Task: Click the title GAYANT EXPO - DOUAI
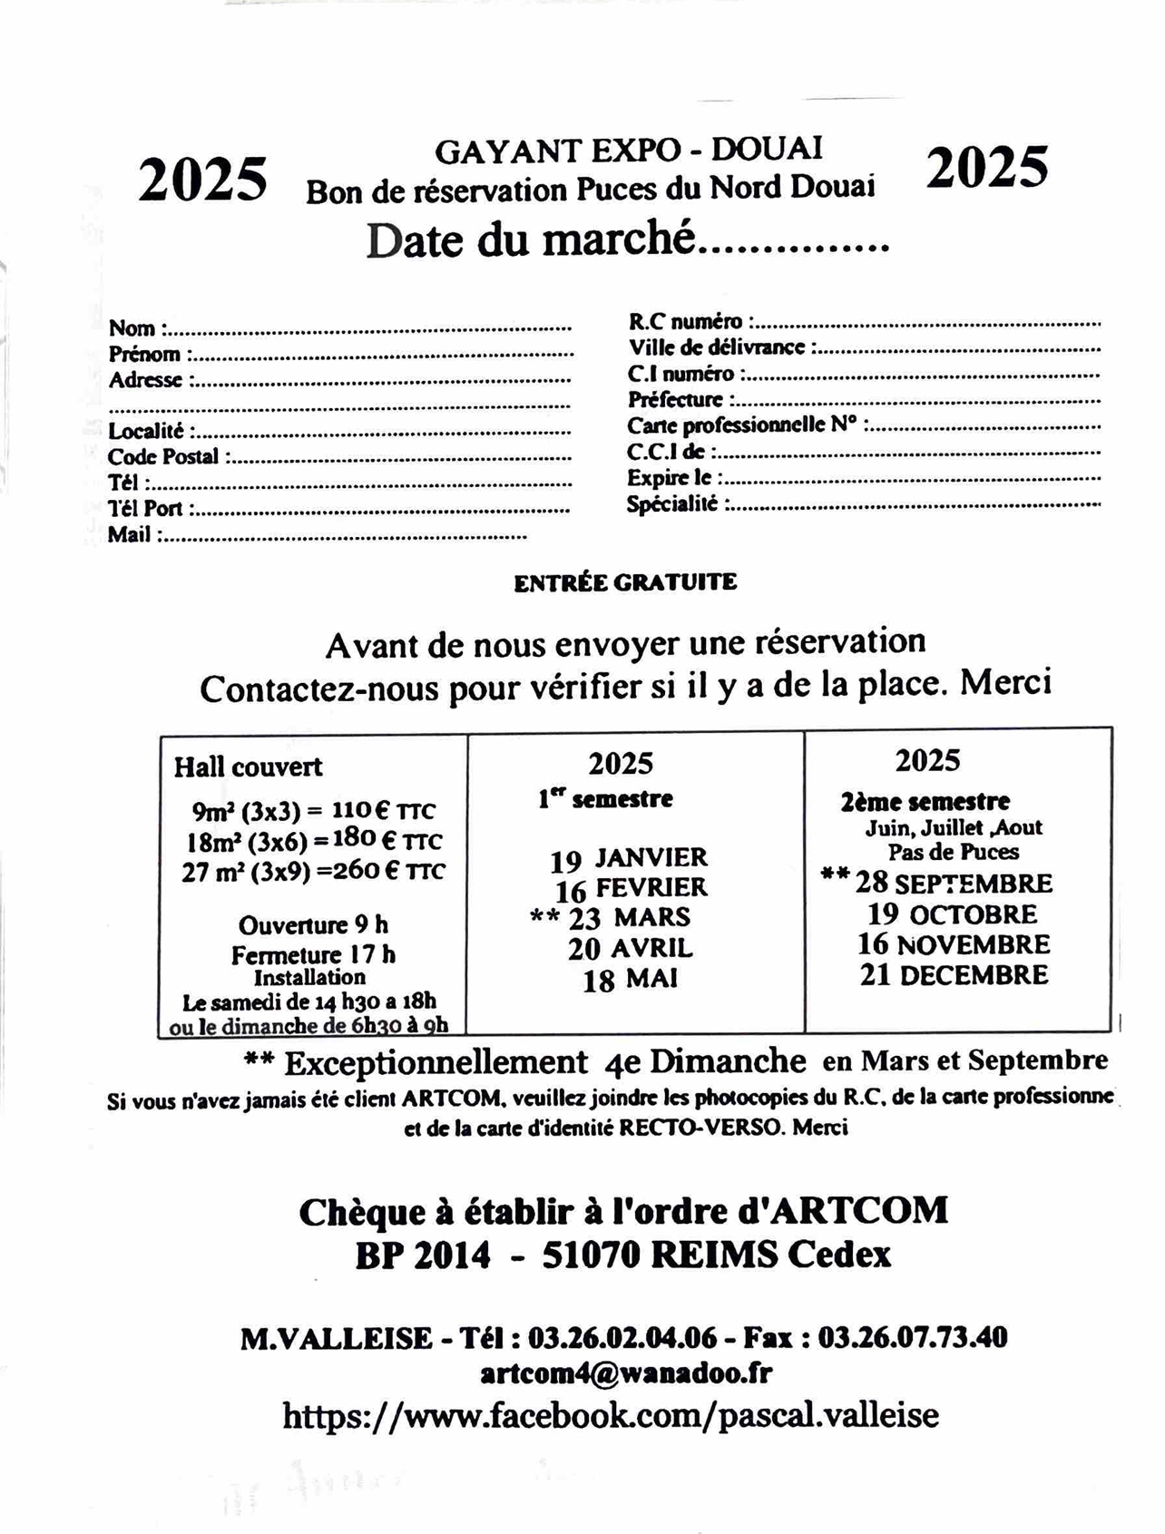click(629, 150)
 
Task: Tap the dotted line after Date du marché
click(796, 247)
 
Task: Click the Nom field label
click(132, 328)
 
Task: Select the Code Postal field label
click(163, 457)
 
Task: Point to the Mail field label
click(130, 535)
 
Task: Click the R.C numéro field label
click(685, 321)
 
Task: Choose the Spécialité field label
click(672, 504)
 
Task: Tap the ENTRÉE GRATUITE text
click(625, 582)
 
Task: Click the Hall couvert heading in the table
click(248, 767)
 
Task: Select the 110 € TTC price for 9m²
click(383, 810)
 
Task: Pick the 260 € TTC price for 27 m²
click(391, 871)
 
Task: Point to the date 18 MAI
click(631, 981)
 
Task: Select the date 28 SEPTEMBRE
click(953, 883)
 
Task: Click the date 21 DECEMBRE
click(954, 976)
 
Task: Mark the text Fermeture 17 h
click(313, 954)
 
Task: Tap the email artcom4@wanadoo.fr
click(626, 1373)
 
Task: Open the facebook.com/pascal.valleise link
click(611, 1415)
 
